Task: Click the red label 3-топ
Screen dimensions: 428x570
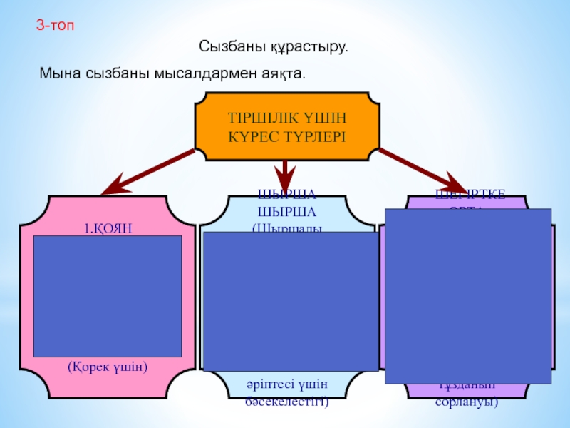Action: click(x=55, y=26)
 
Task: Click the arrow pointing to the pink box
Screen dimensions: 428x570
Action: click(x=146, y=173)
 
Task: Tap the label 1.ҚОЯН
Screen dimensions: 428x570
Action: click(x=109, y=229)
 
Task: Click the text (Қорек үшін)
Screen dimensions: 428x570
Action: click(x=108, y=367)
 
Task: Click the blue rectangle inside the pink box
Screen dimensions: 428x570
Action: click(x=108, y=296)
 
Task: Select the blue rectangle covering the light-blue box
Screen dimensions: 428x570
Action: click(x=290, y=300)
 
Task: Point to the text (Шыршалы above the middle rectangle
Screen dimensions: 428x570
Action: click(x=286, y=228)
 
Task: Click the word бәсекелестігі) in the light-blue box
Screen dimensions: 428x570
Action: click(x=285, y=402)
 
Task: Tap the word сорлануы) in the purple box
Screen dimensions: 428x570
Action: click(x=467, y=402)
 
